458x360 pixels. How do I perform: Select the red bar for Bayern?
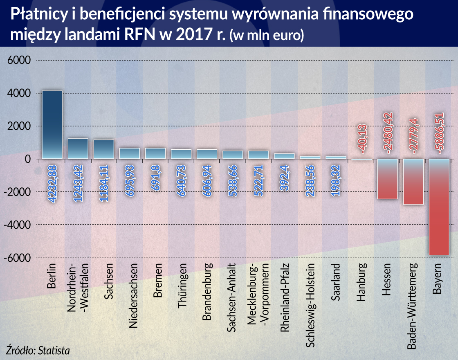click(439, 207)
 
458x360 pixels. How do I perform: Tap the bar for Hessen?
click(388, 179)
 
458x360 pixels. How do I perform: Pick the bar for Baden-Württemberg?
click(413, 182)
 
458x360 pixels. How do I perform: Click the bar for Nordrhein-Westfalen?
click(78, 148)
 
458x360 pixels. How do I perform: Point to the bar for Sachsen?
click(103, 149)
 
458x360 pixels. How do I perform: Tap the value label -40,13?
click(362, 137)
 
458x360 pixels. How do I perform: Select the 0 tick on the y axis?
click(28, 159)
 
